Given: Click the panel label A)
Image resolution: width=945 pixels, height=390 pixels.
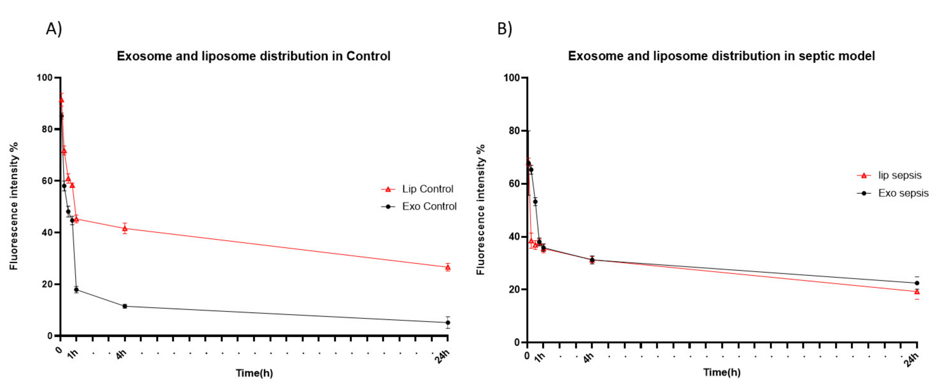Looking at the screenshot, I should [53, 29].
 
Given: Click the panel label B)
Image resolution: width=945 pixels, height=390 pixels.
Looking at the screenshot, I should [504, 29].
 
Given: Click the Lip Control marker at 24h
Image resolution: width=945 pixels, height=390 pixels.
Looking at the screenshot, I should [448, 267].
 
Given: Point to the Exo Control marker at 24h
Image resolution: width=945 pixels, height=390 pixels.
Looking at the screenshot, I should [448, 322].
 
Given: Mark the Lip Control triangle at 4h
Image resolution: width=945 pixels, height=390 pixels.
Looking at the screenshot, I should [125, 229].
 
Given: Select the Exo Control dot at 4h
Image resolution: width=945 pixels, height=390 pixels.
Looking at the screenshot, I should [125, 306].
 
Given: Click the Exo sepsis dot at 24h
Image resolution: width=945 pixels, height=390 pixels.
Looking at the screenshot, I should [917, 283].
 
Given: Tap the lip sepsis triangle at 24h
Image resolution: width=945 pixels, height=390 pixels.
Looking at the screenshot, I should [917, 292].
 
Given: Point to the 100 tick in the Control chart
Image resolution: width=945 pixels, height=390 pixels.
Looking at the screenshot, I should [44, 78].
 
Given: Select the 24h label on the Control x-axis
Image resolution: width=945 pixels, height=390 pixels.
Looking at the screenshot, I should [443, 356].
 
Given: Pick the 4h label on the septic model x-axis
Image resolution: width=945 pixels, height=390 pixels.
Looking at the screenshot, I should [588, 358].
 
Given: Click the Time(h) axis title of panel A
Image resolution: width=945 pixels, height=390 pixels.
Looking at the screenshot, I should [254, 373].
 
